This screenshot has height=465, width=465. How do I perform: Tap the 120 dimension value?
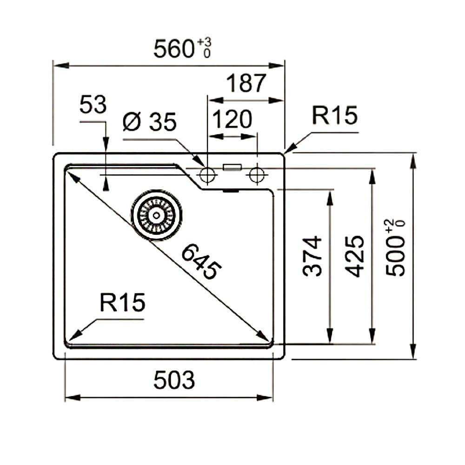click(x=232, y=120)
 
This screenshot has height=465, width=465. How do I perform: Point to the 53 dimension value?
click(x=93, y=105)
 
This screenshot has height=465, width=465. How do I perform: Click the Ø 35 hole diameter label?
click(x=150, y=123)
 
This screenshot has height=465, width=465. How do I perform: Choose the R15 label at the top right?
click(x=334, y=116)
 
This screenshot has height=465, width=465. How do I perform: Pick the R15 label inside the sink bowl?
click(x=122, y=303)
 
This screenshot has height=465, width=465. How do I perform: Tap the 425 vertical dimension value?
click(x=356, y=256)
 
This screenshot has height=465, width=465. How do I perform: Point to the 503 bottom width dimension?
click(x=174, y=381)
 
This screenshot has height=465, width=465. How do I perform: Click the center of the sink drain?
click(x=156, y=215)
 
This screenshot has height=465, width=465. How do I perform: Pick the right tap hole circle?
click(x=256, y=175)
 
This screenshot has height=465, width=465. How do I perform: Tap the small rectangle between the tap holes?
click(x=232, y=167)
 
